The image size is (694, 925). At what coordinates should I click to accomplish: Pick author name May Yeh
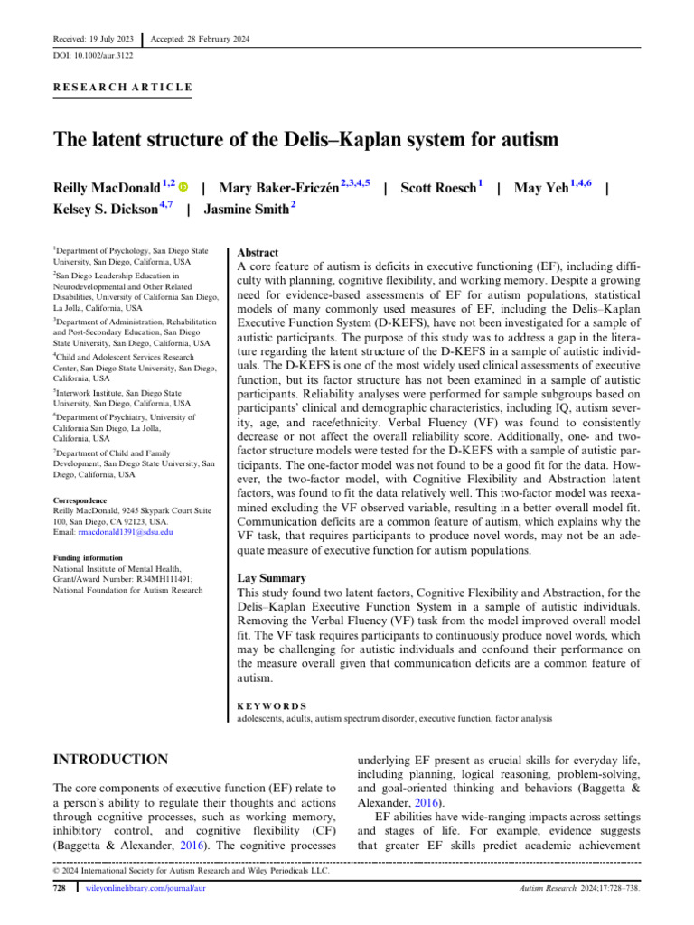click(541, 188)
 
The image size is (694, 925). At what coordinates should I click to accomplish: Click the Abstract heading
click(258, 253)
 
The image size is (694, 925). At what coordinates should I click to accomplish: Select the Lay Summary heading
click(273, 577)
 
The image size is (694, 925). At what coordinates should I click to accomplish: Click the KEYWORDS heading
click(271, 706)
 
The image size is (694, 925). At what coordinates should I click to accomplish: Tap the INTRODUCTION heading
click(110, 760)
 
